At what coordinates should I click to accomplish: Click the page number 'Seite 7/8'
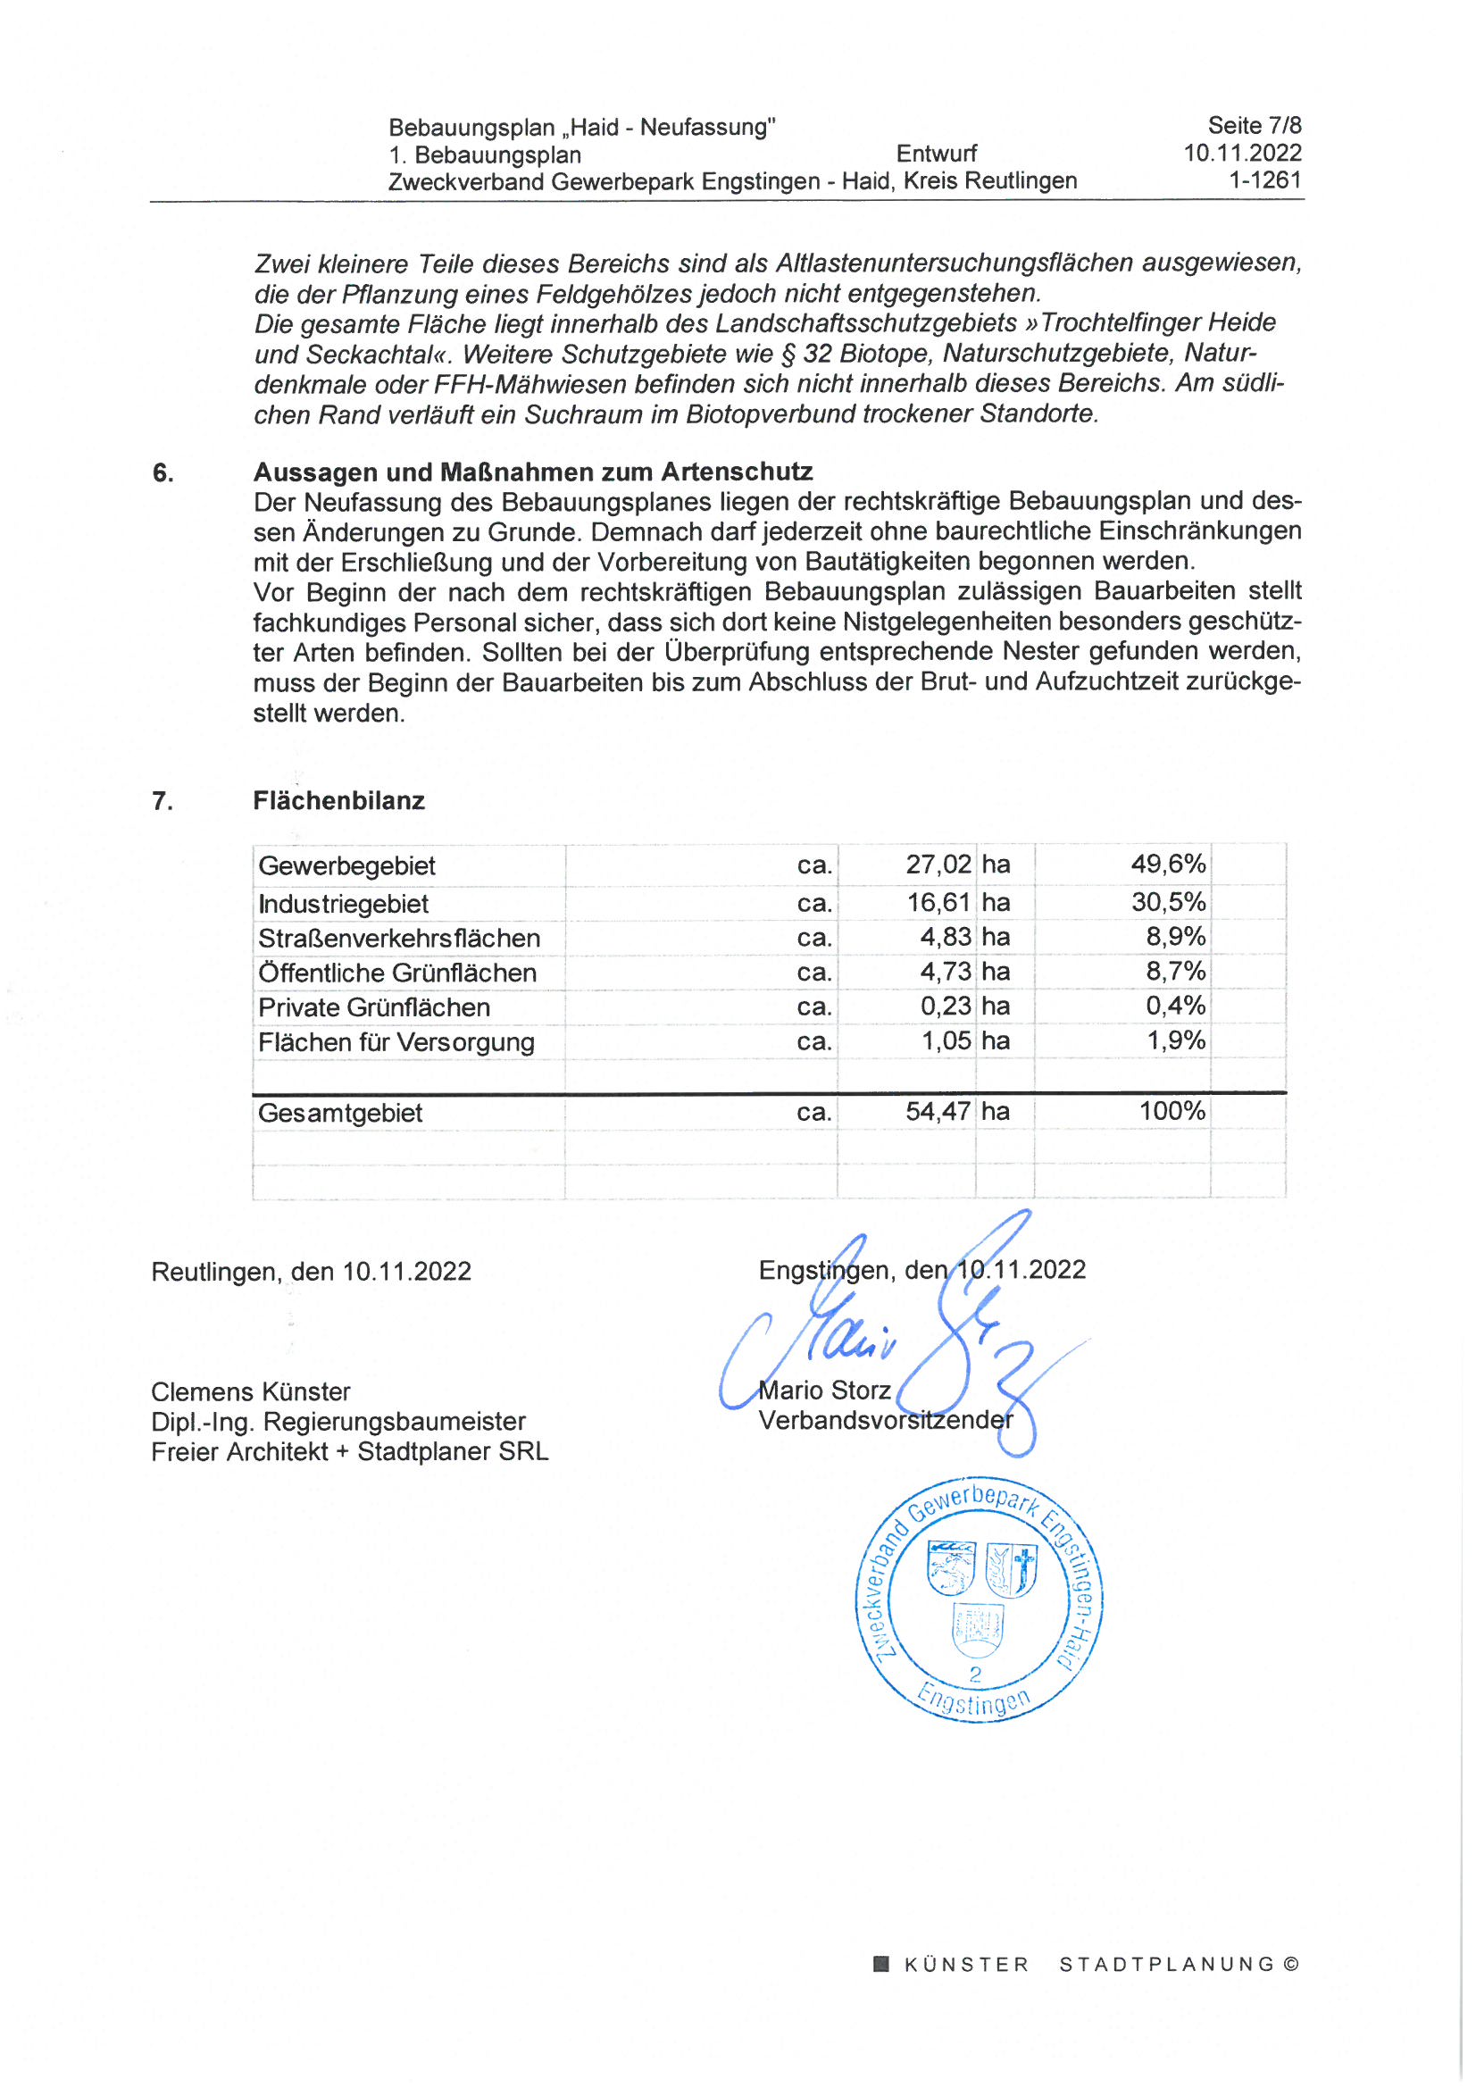pos(1253,126)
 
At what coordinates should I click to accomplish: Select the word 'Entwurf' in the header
pos(936,154)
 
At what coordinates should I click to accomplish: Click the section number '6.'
pos(163,473)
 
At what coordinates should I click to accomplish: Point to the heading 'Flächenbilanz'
pos(338,801)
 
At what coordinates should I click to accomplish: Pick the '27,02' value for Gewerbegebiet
pos(938,864)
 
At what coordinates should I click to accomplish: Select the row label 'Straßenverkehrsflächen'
pos(398,939)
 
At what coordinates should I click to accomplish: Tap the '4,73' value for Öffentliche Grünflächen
pos(945,973)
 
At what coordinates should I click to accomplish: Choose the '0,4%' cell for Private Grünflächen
pos(1175,1006)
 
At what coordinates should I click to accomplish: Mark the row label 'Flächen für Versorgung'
pos(396,1042)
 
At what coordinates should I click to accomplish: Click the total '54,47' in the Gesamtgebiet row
pos(938,1111)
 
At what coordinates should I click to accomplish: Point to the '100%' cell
pos(1172,1111)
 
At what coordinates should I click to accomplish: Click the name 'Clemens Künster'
pos(250,1392)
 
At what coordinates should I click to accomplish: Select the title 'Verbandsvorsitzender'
pos(885,1421)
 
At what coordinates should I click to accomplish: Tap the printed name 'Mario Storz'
pos(824,1391)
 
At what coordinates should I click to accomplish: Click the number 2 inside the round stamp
pos(975,1675)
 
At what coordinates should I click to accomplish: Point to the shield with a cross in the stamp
pos(1012,1571)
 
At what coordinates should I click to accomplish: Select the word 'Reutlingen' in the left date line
pos(214,1272)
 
